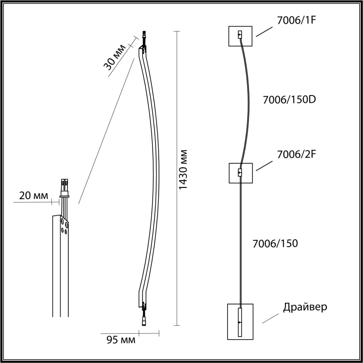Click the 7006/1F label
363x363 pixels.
click(296, 21)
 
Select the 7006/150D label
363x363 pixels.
click(289, 100)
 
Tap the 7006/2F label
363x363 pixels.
click(296, 154)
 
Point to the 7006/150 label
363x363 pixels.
click(275, 244)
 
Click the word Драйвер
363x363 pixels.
click(305, 307)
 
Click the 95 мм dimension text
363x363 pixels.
click(121, 340)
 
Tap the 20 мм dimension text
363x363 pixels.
click(33, 195)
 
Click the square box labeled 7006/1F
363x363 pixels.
click(240, 36)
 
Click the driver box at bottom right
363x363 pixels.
click(240, 322)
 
